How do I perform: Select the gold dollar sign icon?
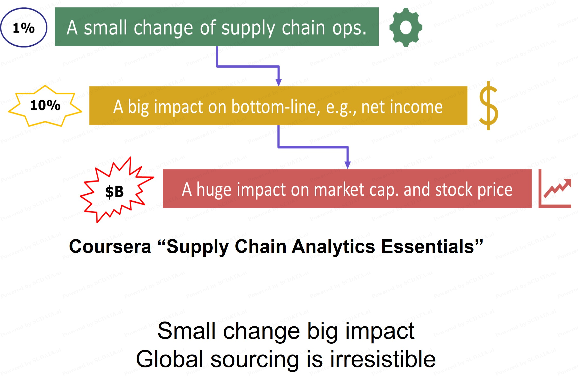(x=489, y=106)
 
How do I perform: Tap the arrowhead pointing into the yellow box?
(x=278, y=83)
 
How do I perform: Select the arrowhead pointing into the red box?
(x=348, y=165)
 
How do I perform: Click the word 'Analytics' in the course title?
(x=333, y=247)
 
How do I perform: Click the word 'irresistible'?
(x=383, y=359)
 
